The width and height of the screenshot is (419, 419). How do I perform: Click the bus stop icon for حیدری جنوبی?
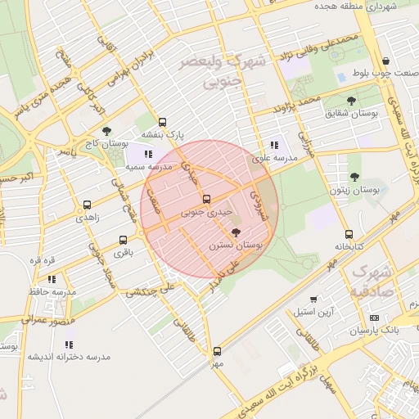pos(205,199)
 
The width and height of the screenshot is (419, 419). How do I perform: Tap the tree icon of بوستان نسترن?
pos(237,232)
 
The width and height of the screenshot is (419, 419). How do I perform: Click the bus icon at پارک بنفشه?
pos(162,122)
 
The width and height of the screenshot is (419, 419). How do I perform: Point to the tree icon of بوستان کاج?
pos(106,131)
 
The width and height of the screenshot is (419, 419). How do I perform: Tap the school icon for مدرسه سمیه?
pos(148,153)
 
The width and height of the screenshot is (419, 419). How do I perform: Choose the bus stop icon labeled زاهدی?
pos(87,205)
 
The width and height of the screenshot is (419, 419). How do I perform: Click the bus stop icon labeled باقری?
pos(123,240)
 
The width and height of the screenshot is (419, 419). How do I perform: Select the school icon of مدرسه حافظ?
pos(52,279)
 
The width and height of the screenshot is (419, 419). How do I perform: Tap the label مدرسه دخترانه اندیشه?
pos(69,357)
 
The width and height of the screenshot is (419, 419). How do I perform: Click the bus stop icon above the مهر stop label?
pos(217,350)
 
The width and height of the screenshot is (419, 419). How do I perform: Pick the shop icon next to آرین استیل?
pos(313,300)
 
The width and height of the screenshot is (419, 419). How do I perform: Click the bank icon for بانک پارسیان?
pos(374,318)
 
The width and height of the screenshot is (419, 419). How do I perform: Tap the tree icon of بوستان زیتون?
pos(354,177)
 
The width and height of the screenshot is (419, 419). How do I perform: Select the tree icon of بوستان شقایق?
pos(351,101)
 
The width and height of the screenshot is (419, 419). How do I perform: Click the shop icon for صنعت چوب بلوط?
pos(385,61)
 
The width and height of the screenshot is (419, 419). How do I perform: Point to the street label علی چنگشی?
pos(151,290)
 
